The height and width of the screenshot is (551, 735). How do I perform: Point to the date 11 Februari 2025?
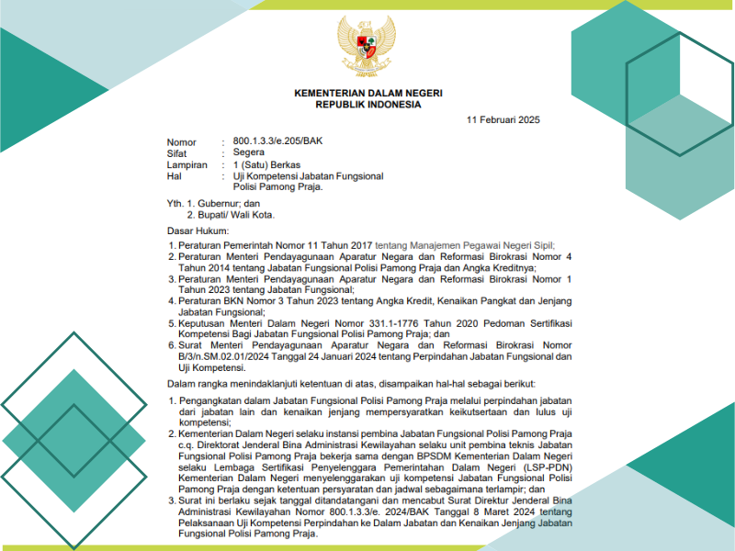(503, 120)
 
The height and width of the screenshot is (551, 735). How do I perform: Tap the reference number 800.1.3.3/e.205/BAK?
(277, 141)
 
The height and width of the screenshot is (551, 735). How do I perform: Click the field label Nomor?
(182, 142)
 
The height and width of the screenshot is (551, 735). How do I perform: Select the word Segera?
(249, 153)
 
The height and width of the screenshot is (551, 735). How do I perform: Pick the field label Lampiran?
(187, 164)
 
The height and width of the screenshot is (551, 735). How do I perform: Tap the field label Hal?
(174, 175)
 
